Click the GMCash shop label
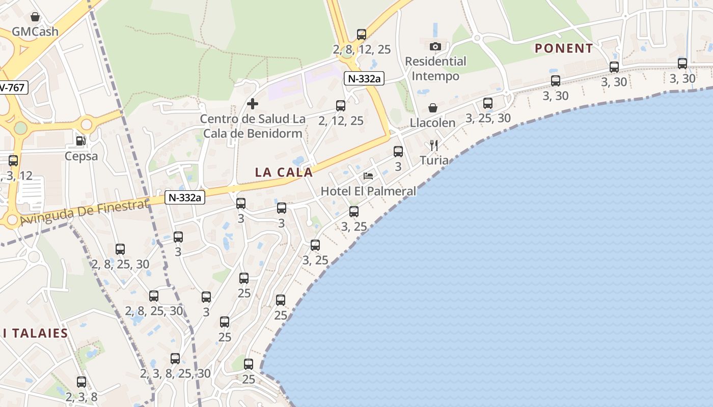[35, 32]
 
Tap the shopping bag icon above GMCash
[35, 17]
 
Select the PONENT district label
[564, 48]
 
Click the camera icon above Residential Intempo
[435, 46]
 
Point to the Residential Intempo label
[435, 69]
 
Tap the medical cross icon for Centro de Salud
[252, 104]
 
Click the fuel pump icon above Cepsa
[80, 141]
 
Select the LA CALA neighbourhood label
[284, 172]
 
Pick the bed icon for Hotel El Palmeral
[368, 176]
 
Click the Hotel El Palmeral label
[368, 191]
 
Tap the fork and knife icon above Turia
[434, 146]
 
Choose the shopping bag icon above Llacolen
[432, 108]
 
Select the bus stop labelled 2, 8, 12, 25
[362, 35]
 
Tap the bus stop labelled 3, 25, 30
[488, 103]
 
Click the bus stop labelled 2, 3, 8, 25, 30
[175, 359]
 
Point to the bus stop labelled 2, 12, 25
[341, 106]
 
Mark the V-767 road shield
[12, 88]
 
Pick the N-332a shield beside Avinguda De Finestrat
[184, 197]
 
